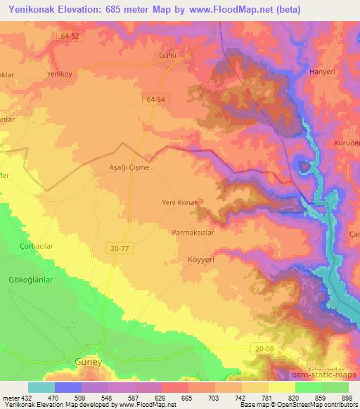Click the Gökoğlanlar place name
click(31, 279)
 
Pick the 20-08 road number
click(263, 349)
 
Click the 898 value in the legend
click(346, 398)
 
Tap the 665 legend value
click(186, 398)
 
